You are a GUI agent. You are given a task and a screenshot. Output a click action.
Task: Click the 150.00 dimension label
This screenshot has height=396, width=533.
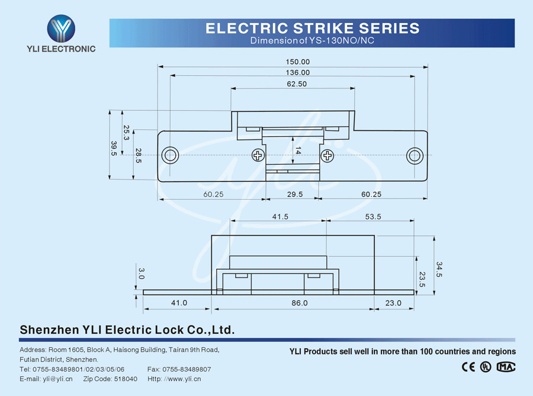tap(297, 62)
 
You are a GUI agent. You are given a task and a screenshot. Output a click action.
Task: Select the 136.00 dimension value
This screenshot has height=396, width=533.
tap(297, 72)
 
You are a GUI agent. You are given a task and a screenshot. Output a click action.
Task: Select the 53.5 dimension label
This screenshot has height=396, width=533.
tap(373, 217)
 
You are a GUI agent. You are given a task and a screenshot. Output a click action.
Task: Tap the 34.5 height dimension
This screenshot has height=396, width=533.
tap(439, 269)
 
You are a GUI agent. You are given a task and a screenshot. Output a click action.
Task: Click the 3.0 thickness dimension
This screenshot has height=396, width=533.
tap(141, 273)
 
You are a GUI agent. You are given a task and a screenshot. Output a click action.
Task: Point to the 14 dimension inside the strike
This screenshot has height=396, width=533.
tap(298, 151)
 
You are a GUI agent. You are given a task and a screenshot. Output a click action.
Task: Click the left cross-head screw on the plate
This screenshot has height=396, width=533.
tap(258, 155)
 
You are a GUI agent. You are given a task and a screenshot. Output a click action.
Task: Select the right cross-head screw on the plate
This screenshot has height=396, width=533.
tap(327, 155)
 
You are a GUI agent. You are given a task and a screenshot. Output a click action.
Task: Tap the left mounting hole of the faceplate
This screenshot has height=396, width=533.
tap(170, 155)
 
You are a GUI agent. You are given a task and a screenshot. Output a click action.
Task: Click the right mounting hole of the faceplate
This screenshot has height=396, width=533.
tap(414, 155)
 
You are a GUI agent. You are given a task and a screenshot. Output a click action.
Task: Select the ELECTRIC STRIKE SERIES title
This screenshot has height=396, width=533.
tap(312, 28)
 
